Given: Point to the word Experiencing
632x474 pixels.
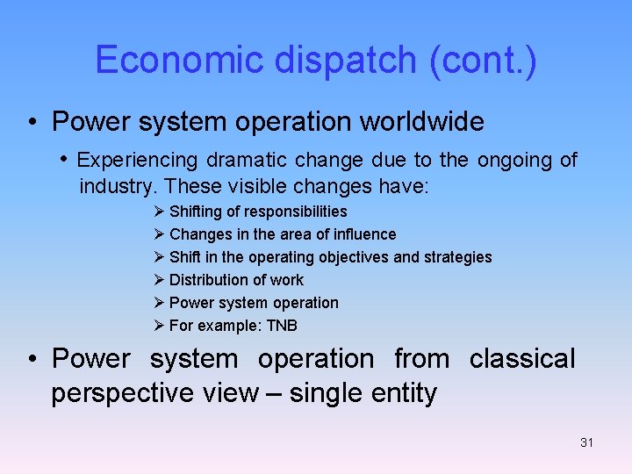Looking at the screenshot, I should tap(138, 160).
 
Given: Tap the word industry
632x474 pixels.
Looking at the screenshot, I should tap(118, 186).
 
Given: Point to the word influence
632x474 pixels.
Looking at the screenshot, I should tap(362, 234).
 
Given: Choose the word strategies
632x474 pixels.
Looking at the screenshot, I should tap(457, 257).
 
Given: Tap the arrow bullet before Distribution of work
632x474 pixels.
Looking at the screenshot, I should tap(158, 280).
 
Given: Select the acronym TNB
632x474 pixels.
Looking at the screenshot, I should tap(282, 326).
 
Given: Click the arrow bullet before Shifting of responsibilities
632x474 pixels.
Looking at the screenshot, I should tap(158, 212).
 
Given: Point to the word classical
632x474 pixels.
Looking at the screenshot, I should tap(522, 359).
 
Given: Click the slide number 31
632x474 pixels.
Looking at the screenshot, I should tap(586, 442).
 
